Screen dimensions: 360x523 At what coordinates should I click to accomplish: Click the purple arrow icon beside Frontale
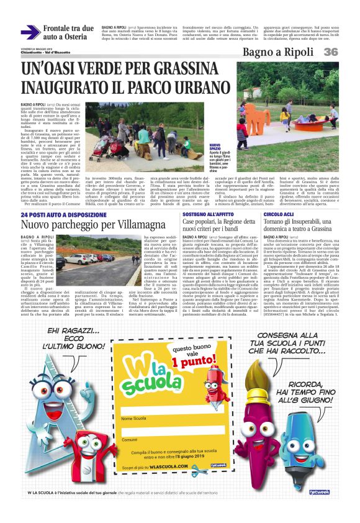point(30,32)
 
